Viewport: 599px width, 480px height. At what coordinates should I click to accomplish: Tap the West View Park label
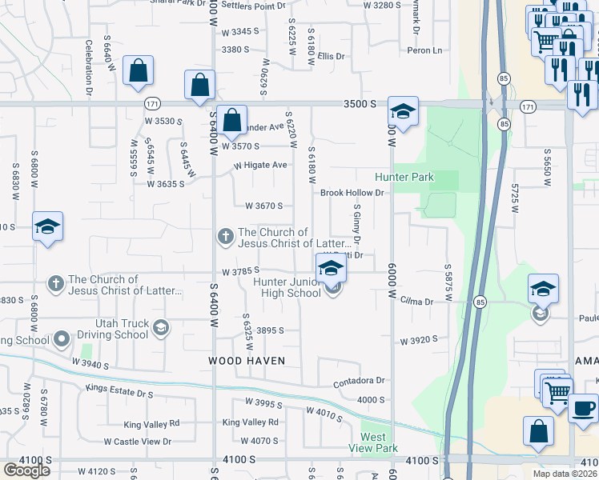(x=379, y=442)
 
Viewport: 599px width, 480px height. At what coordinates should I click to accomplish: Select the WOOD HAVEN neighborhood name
(x=247, y=361)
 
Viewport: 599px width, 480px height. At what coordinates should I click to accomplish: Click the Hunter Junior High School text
(x=287, y=287)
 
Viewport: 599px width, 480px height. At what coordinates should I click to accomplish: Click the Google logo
(x=26, y=470)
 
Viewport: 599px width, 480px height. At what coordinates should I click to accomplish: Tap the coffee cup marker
(x=582, y=410)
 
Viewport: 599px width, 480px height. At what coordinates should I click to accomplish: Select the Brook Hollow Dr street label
(x=352, y=193)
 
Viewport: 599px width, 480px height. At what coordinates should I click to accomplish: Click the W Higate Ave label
(x=260, y=166)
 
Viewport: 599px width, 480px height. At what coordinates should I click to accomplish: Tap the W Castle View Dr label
(x=138, y=442)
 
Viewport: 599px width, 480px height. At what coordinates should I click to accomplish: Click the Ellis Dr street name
(x=330, y=56)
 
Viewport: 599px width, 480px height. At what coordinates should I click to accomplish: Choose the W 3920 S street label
(x=420, y=339)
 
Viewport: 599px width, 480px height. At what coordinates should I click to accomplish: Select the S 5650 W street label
(x=548, y=167)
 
